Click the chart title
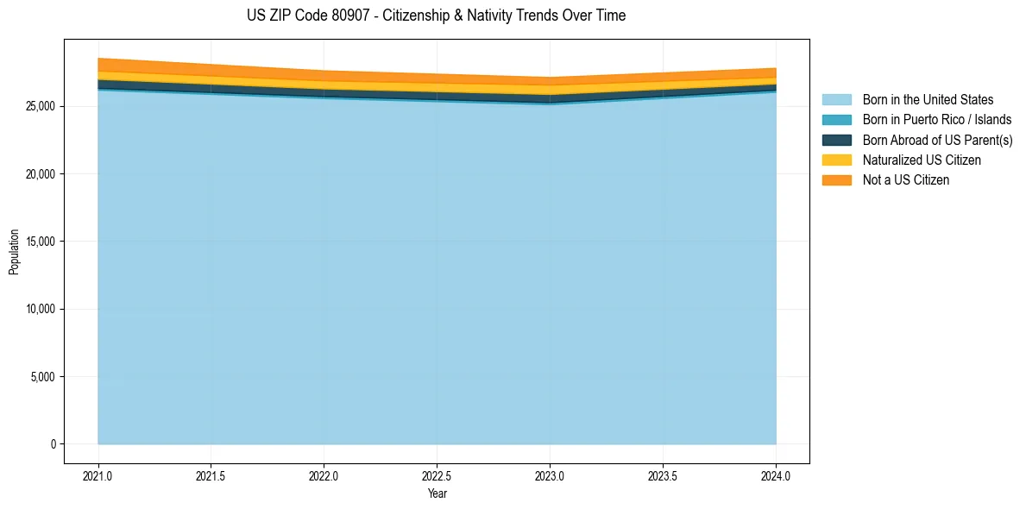436,16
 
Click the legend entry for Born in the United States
928,100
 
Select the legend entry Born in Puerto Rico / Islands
937,120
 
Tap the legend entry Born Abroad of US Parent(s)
937,140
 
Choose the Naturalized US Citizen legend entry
922,160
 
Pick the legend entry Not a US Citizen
905,179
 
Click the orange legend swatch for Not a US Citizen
836,179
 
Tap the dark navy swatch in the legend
836,140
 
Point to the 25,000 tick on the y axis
40,106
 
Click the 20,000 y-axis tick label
40,174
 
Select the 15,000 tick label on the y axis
40,242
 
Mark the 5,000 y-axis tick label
42,377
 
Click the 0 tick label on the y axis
53,444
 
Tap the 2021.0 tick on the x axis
98,475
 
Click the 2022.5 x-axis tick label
437,475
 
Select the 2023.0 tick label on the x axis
550,475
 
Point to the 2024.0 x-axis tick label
776,475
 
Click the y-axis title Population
14,252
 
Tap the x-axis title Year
437,493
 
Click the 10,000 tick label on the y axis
40,309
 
